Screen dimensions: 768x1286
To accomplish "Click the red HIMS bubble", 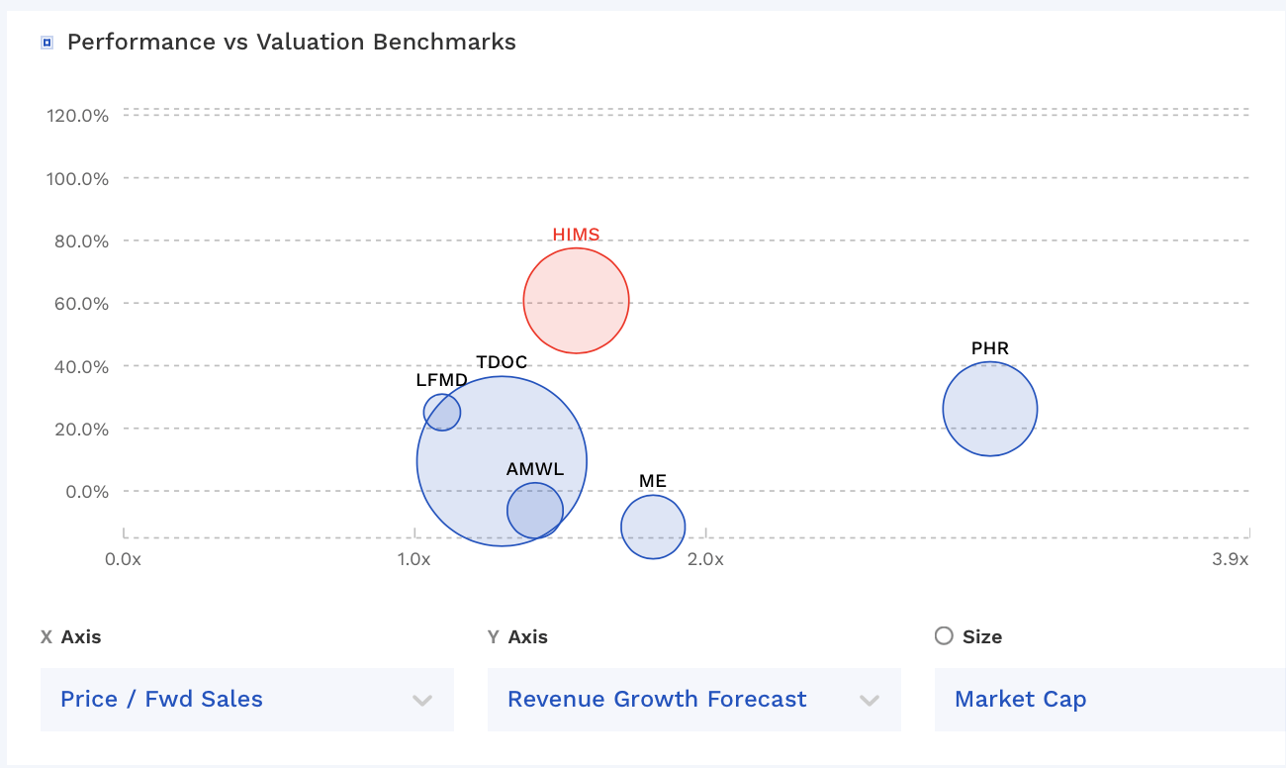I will tap(576, 301).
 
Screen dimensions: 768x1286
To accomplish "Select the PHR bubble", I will tap(989, 409).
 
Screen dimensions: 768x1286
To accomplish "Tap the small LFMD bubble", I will tap(441, 412).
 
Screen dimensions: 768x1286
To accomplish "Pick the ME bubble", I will tap(653, 527).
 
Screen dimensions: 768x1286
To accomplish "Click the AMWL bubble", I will tap(535, 511).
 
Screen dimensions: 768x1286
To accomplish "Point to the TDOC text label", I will tap(502, 362).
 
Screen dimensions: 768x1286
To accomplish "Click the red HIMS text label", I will tap(576, 235).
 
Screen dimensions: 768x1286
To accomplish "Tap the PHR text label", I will tap(989, 348).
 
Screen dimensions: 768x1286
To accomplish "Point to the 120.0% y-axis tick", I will tap(77, 115).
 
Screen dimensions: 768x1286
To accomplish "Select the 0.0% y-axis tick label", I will tap(83, 492).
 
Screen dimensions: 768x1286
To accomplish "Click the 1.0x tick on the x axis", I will tap(413, 559).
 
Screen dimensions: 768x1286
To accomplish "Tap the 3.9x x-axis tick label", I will tap(1231, 559).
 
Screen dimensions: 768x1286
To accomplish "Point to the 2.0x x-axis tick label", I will tap(705, 559).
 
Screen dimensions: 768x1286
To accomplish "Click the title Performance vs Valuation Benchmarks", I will tap(291, 42).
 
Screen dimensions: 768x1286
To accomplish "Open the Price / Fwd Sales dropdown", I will tap(246, 699).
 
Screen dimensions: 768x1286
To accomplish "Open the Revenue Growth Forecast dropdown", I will tap(693, 699).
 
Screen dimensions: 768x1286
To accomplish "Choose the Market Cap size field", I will tap(1108, 699).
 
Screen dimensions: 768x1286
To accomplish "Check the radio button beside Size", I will tap(944, 636).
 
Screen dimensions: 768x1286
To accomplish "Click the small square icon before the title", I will tap(46, 43).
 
